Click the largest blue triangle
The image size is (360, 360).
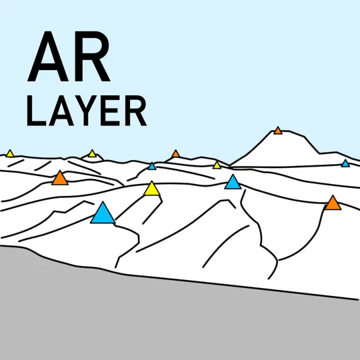103,214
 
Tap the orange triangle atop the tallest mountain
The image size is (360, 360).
278,131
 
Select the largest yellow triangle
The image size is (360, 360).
152,189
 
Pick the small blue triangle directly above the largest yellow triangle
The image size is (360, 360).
152,167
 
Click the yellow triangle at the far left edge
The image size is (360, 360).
10,154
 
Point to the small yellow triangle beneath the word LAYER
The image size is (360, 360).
92,154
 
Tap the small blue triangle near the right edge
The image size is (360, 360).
345,164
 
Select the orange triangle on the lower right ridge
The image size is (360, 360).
333,203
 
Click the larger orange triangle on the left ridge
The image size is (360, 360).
60,179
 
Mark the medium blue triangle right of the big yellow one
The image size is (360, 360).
233,183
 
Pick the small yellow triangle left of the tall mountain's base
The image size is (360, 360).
217,165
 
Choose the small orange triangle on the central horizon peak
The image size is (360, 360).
175,154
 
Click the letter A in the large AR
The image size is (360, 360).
48,57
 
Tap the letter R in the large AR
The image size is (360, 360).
93,57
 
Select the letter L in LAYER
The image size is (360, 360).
36,111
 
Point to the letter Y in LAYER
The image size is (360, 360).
86,111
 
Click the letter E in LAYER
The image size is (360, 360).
110,111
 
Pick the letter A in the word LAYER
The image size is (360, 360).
61,111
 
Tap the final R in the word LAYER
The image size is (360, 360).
135,111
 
